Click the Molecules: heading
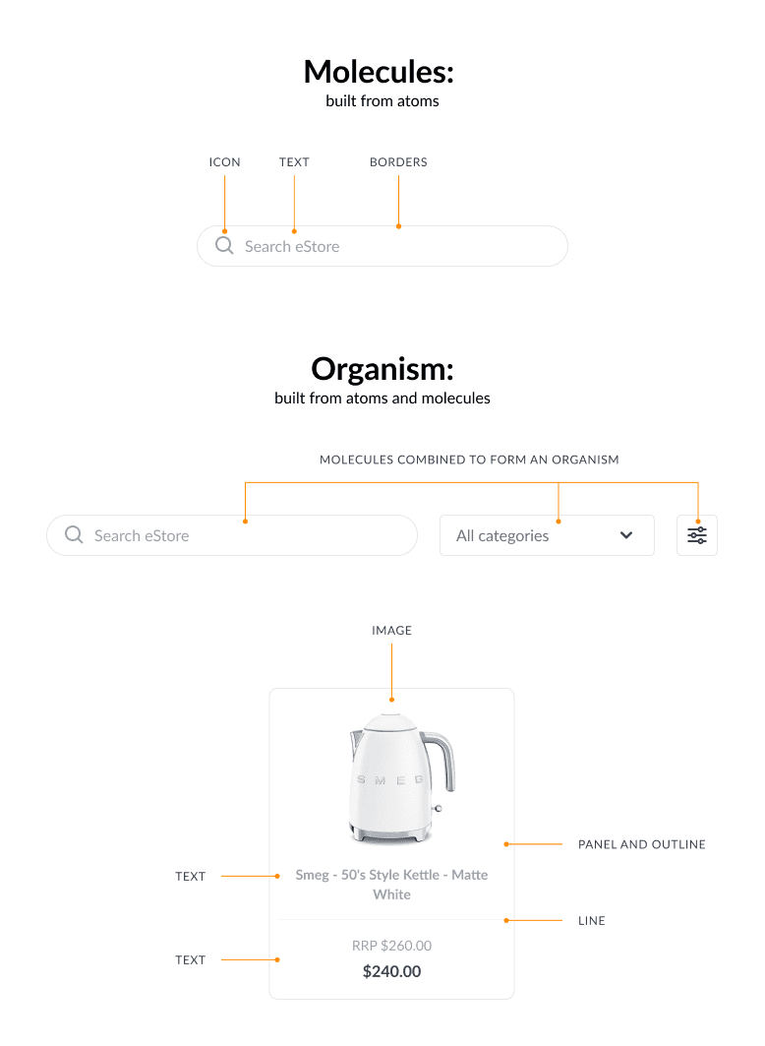[x=379, y=72]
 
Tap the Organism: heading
[x=382, y=369]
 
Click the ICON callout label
[x=224, y=162]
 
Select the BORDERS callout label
[x=398, y=162]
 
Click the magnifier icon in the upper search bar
[x=224, y=245]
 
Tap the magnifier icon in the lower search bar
[x=74, y=535]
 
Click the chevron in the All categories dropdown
[x=626, y=535]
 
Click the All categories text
[x=502, y=535]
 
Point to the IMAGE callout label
[x=391, y=631]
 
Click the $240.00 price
[x=391, y=971]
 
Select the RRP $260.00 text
[x=391, y=946]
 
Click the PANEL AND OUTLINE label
[x=642, y=844]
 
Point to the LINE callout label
[x=592, y=921]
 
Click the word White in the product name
[x=391, y=894]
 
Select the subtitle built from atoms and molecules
[x=382, y=399]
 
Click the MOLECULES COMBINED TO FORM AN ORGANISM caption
[x=469, y=460]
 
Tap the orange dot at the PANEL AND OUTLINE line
[x=506, y=844]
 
